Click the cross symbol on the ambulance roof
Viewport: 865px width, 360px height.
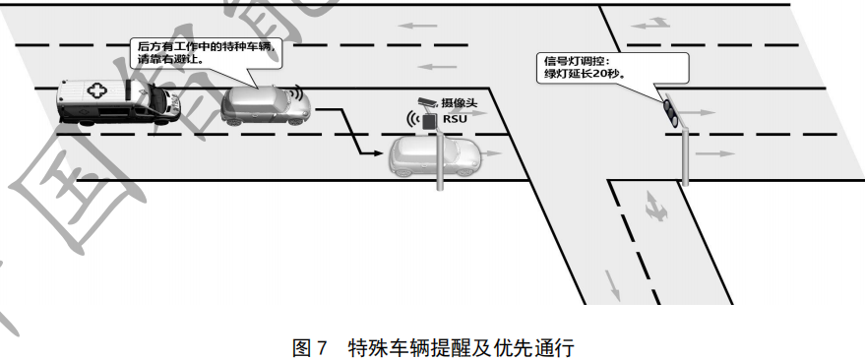coord(96,90)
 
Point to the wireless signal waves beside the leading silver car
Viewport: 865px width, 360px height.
coord(297,94)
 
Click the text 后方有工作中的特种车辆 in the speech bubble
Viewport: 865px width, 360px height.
coord(203,46)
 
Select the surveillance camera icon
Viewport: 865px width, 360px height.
coord(425,102)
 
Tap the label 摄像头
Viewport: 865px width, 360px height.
coord(460,102)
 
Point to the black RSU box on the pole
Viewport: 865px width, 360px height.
coord(429,121)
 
